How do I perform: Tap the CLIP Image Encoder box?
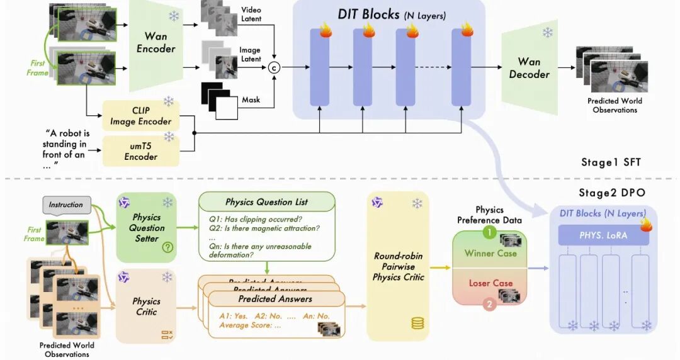point(141,116)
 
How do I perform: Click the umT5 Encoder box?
point(141,151)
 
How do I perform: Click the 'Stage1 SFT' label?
point(611,162)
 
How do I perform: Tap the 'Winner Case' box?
point(490,253)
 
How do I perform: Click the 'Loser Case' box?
point(490,283)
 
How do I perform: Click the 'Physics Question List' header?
point(267,202)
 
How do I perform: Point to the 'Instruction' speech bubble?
point(65,205)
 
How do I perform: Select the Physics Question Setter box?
point(147,227)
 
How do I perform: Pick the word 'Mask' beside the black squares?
point(251,100)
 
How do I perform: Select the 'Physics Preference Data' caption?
point(490,215)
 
